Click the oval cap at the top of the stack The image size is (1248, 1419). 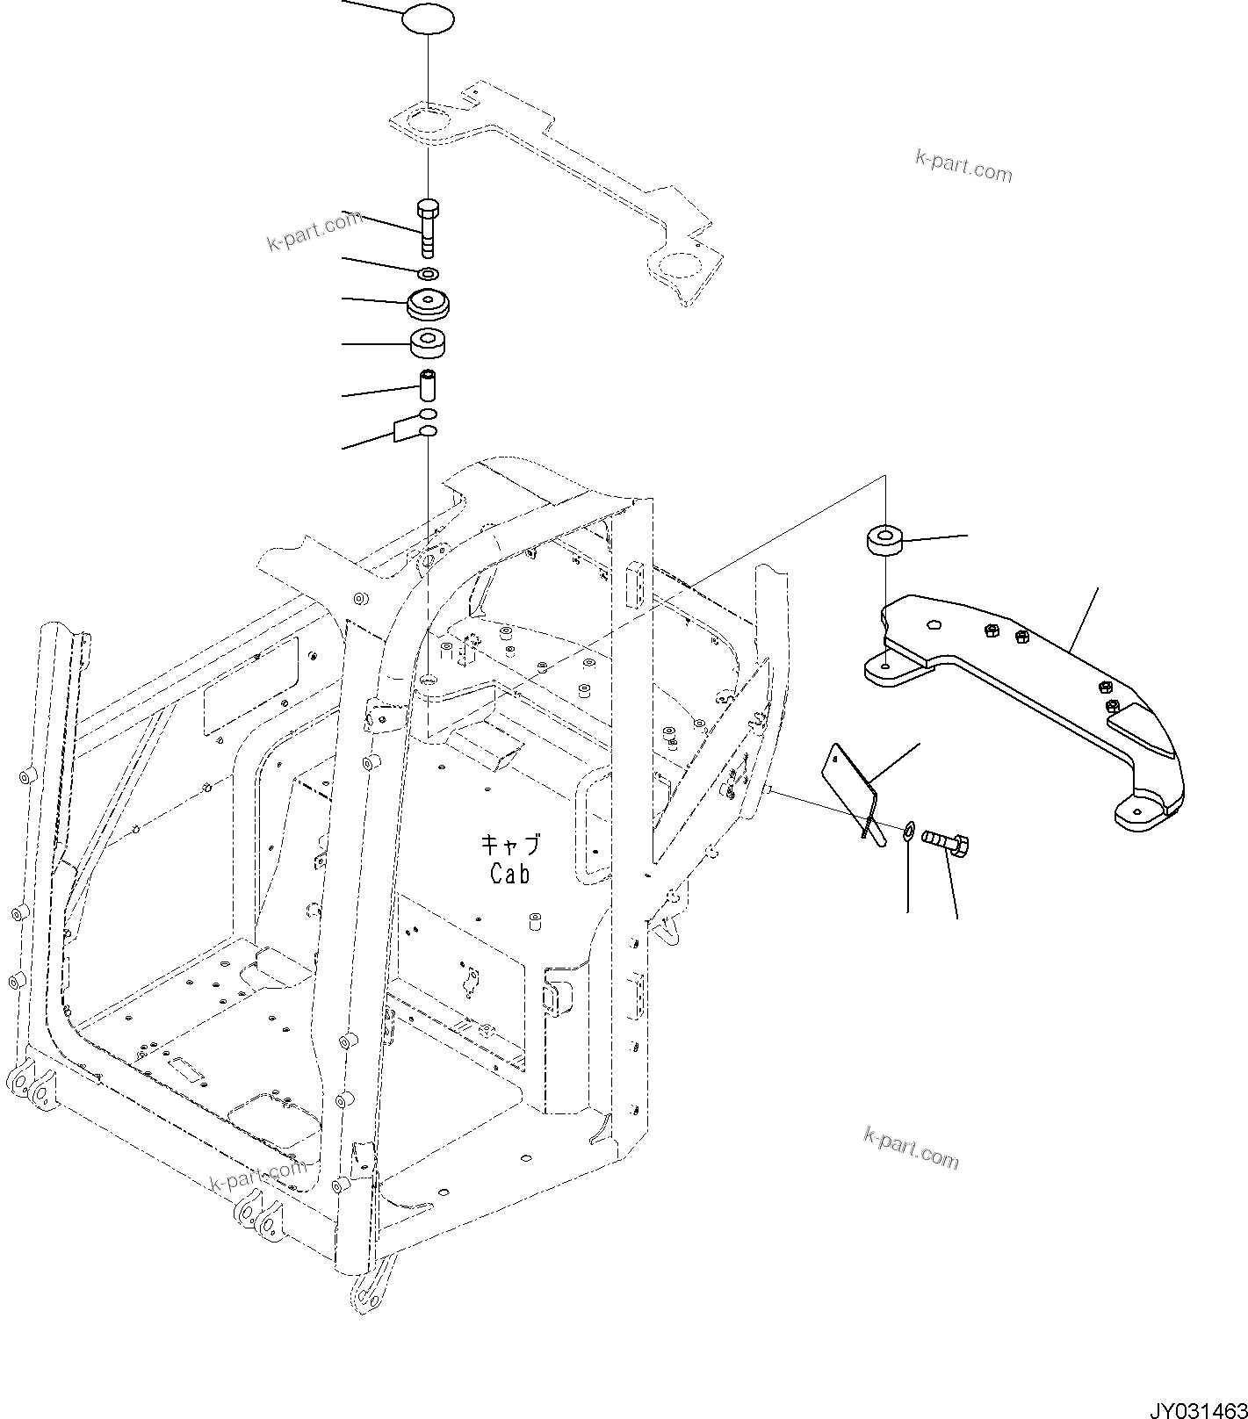(428, 20)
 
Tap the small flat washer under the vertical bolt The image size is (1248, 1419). (428, 275)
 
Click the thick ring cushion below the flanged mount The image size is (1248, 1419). (429, 343)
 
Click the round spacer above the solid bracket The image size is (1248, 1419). (885, 540)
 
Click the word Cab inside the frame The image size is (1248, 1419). (509, 875)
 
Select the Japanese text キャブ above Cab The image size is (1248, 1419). (509, 846)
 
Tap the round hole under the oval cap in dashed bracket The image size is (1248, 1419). (428, 118)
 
